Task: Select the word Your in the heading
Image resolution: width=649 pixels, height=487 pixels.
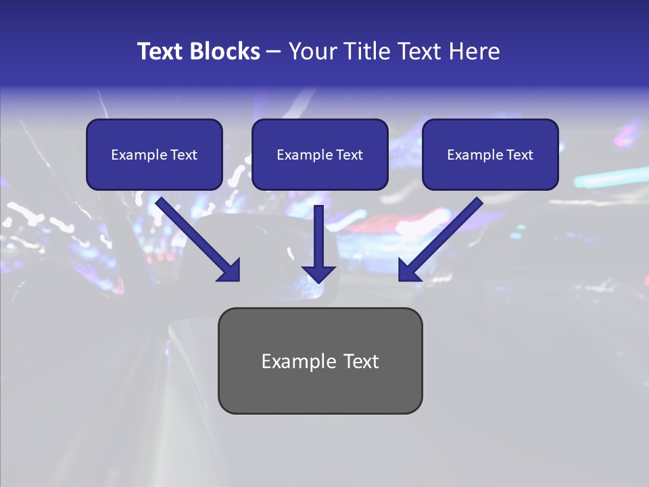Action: coord(308,51)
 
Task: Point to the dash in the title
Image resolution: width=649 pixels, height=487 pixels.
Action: coord(274,51)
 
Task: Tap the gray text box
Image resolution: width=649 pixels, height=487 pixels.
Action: coord(320,392)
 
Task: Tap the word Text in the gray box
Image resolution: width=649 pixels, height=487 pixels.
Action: coord(362,361)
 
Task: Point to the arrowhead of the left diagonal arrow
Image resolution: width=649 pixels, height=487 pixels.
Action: coord(230,270)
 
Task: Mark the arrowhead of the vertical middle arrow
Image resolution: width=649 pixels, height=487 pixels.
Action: coord(318,274)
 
